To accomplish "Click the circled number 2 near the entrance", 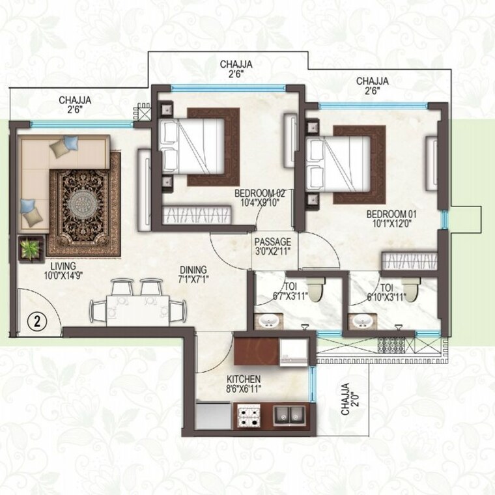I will (x=38, y=320).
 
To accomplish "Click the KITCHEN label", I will (x=244, y=379).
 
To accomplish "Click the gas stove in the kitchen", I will (x=248, y=416).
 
